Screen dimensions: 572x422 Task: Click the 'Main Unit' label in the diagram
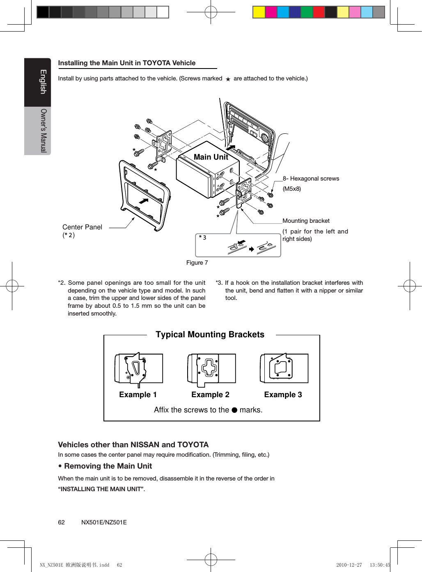[x=211, y=157]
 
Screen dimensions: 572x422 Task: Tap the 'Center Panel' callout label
[x=82, y=227]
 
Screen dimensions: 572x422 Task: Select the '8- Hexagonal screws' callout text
[x=311, y=178]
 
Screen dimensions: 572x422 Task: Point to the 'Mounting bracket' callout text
[x=306, y=221]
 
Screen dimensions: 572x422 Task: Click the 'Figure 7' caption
[x=197, y=263]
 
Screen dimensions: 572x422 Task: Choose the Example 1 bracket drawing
[x=138, y=369]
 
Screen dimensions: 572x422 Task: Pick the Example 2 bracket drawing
[x=211, y=369]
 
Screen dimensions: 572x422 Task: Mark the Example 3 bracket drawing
[x=284, y=368]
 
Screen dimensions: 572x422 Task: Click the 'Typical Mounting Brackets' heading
[x=210, y=334]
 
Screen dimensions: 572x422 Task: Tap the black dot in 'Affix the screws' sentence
[x=234, y=410]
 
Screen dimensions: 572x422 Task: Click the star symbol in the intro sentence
[x=228, y=79]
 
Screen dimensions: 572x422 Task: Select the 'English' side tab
[x=43, y=82]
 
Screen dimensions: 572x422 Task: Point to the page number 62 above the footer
[x=61, y=522]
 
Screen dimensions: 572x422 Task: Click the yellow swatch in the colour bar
[x=259, y=12]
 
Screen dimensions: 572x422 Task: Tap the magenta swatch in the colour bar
[x=271, y=12]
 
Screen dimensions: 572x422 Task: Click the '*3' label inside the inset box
[x=203, y=237]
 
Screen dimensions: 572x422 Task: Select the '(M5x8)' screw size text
[x=291, y=189]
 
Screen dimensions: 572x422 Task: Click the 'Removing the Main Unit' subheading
[x=108, y=466]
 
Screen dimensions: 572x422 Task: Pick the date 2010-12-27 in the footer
[x=349, y=565]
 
